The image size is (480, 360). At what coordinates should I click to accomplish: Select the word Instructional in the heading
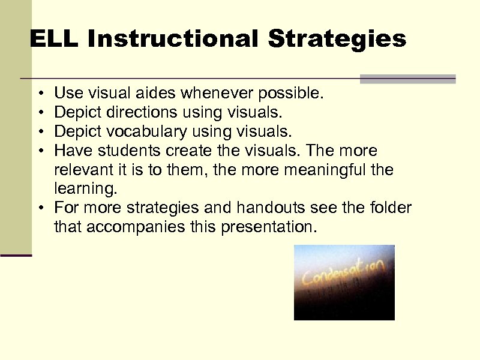coord(173,40)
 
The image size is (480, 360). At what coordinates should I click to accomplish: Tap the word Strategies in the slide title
coord(337,40)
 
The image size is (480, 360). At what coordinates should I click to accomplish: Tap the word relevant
coord(85,170)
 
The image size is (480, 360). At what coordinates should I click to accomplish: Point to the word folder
coord(390,208)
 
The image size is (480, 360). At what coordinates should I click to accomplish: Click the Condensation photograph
coord(344,282)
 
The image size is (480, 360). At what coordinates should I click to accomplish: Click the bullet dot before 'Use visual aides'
coord(38,94)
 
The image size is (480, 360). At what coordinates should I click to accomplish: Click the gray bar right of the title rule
coord(407,79)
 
